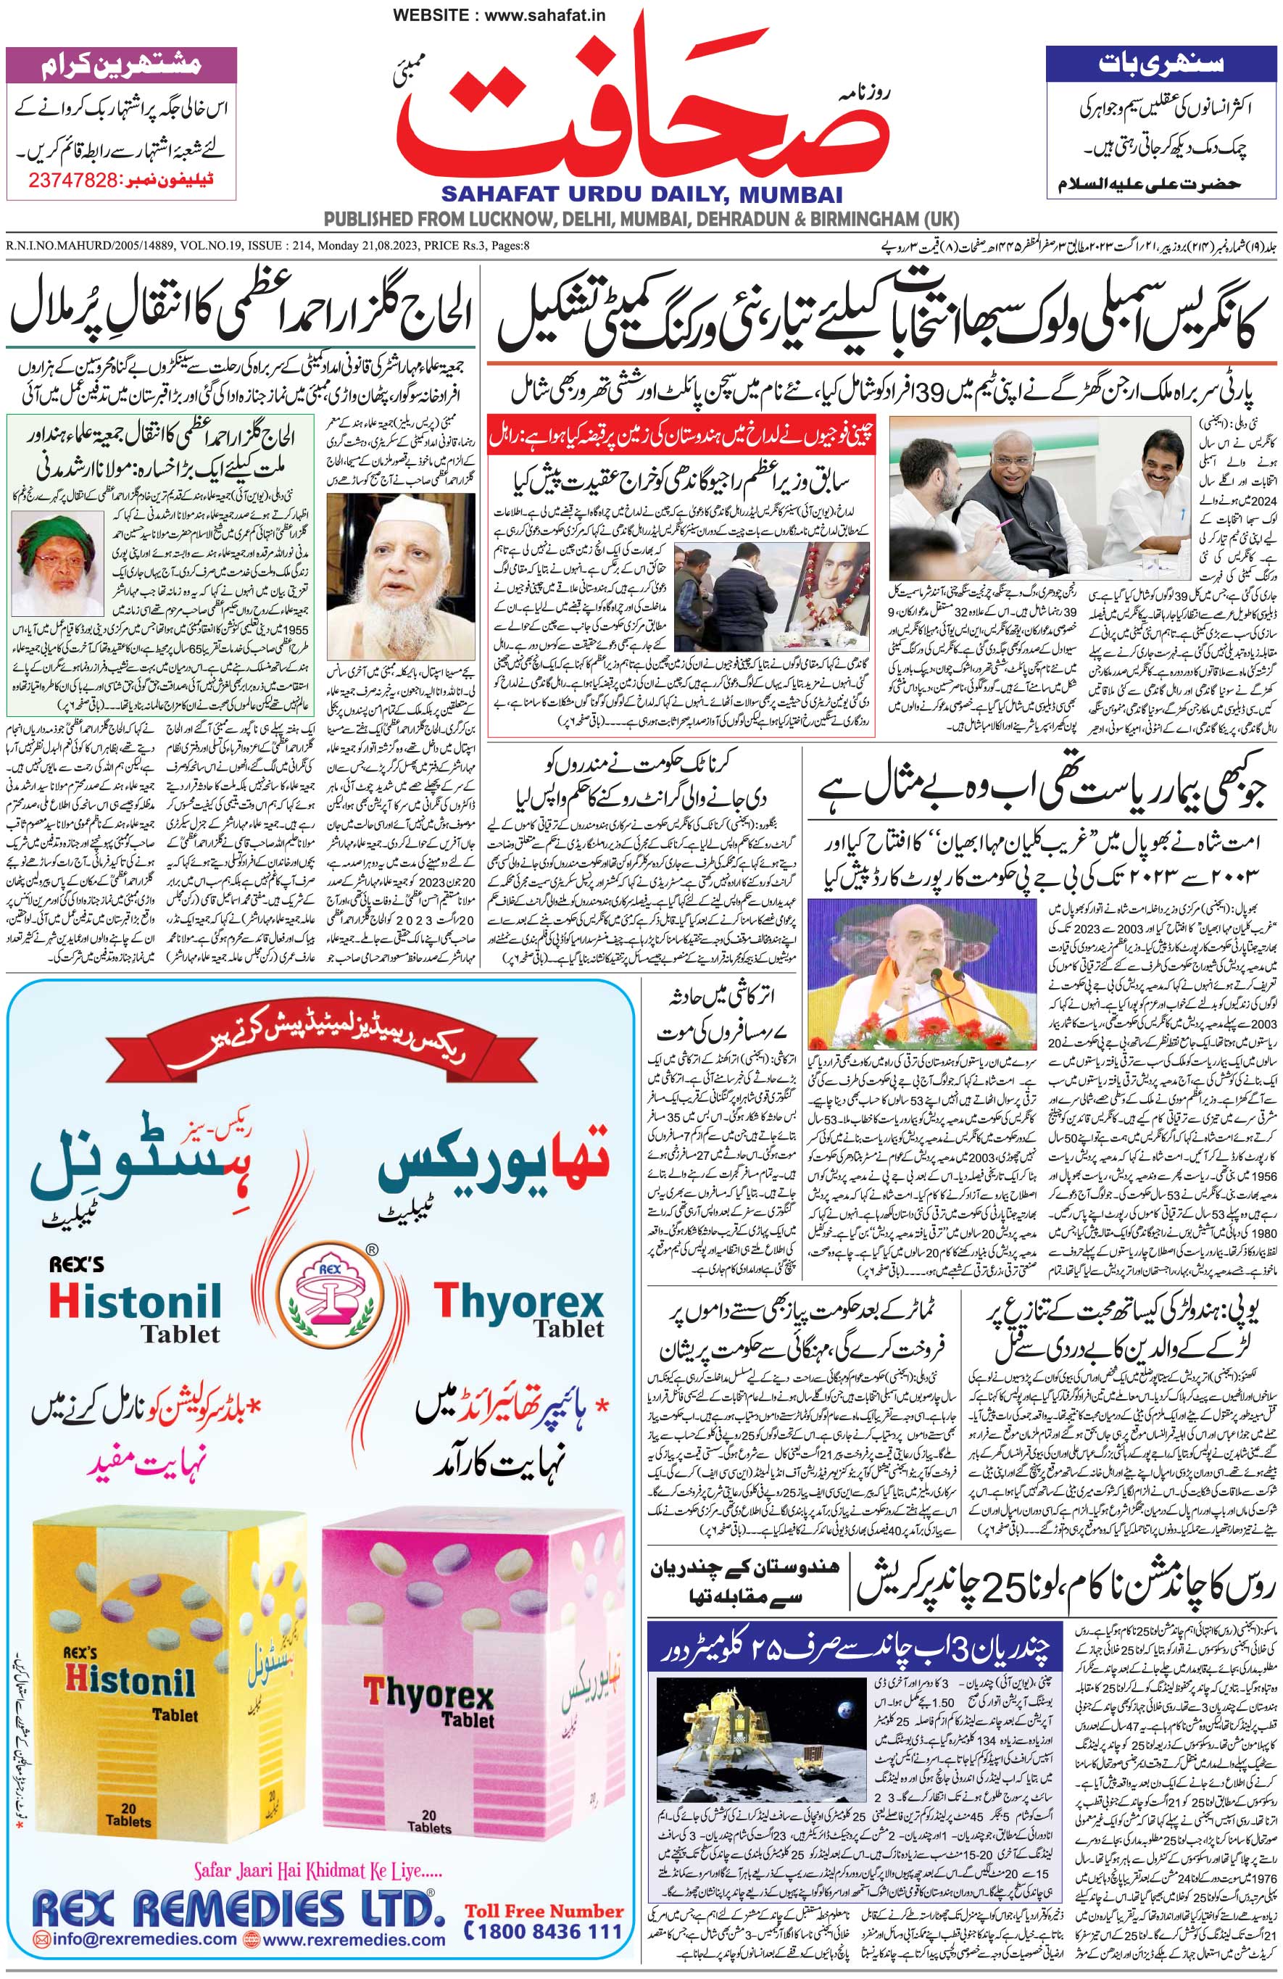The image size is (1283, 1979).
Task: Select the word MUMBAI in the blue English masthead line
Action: pos(787,194)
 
